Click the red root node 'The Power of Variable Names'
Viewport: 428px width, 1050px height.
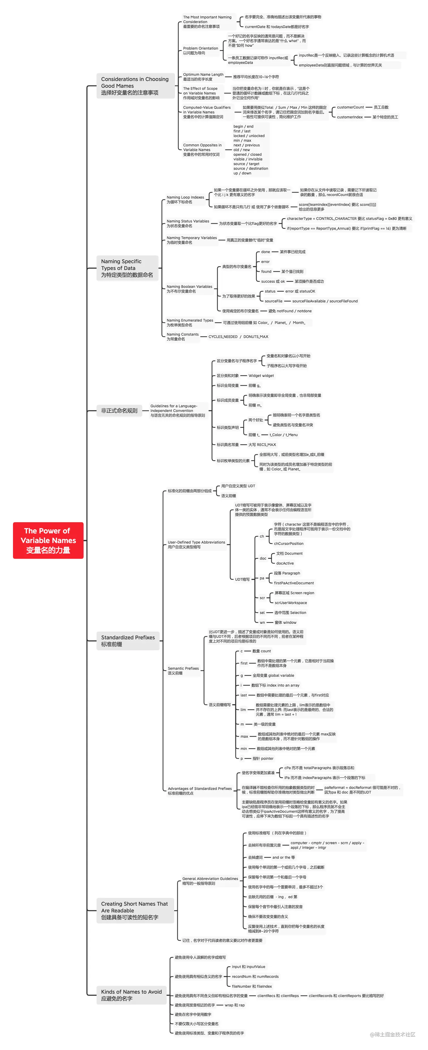click(48, 540)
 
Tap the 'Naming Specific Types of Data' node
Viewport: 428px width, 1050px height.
click(127, 268)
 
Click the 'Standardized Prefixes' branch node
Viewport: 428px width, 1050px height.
click(128, 640)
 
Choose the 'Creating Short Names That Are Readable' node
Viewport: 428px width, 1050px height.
click(134, 910)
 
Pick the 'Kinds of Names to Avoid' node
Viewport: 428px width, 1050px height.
click(131, 995)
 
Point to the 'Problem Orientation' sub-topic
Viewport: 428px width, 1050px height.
click(200, 51)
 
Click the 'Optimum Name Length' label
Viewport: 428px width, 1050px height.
click(203, 77)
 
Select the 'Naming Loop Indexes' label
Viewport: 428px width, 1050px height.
click(185, 199)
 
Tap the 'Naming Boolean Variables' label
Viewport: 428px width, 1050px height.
click(189, 288)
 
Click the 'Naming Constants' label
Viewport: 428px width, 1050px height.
click(182, 336)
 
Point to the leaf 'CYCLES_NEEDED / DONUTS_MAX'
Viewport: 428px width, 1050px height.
click(238, 337)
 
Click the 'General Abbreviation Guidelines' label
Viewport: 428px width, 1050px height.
click(210, 881)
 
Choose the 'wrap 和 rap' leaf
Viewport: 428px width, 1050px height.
click(234, 1005)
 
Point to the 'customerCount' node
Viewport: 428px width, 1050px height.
click(350, 107)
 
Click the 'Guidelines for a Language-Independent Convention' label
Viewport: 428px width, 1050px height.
click(177, 410)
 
